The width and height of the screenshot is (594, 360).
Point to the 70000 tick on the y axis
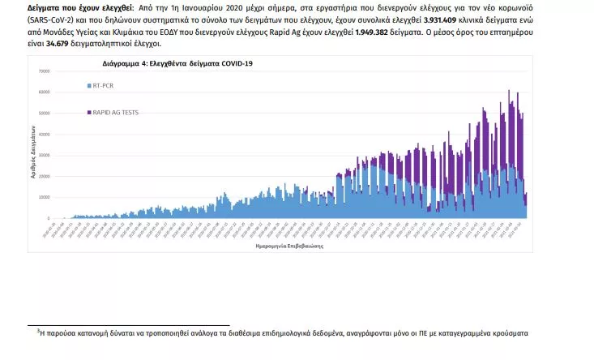point(45,71)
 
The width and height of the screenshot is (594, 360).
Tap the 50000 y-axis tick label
point(45,114)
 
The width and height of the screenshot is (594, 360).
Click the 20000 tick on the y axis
point(45,176)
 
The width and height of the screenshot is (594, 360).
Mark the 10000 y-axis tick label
point(45,197)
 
